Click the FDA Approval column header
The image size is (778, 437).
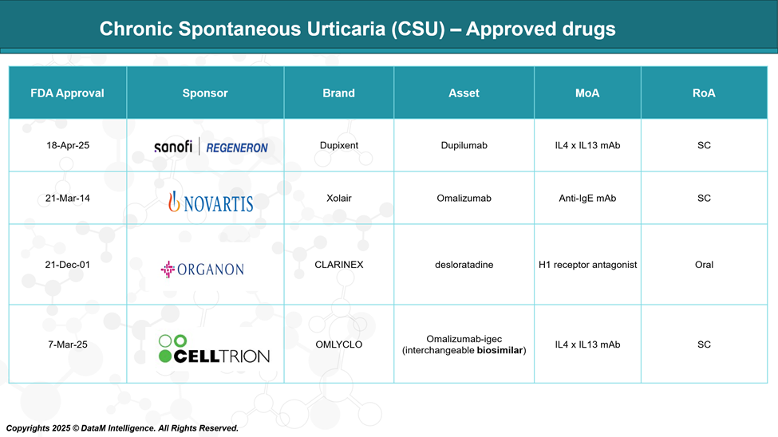(x=67, y=93)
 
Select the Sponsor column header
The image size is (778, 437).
(x=205, y=93)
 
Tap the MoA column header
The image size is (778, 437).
(x=587, y=93)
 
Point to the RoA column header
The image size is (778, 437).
(x=704, y=93)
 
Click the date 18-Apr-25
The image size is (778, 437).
(x=68, y=145)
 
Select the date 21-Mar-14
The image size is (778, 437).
(x=68, y=198)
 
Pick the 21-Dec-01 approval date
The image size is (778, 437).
(x=68, y=265)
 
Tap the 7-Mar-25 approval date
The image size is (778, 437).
(x=68, y=344)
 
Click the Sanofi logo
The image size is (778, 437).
(x=173, y=146)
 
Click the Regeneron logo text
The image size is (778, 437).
(x=237, y=148)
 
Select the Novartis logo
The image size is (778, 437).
(x=211, y=203)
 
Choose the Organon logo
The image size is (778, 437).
(x=203, y=270)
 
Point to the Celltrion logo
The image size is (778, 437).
(x=214, y=348)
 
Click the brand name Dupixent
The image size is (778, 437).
(x=339, y=145)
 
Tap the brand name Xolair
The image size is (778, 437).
(x=339, y=198)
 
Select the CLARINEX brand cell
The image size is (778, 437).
(x=339, y=265)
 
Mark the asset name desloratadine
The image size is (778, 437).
(x=464, y=265)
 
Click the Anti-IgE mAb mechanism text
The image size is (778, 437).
(x=587, y=198)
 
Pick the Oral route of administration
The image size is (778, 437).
(x=704, y=265)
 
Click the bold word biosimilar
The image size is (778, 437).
(x=500, y=350)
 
